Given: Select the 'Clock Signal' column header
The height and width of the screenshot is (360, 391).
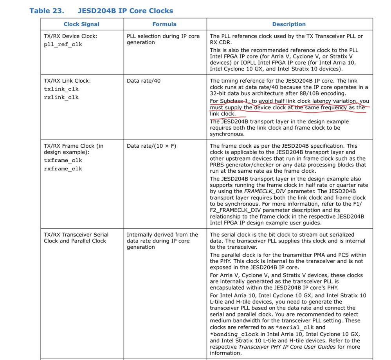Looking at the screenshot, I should click(x=81, y=24).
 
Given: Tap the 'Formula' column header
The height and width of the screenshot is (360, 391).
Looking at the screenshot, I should click(x=164, y=24).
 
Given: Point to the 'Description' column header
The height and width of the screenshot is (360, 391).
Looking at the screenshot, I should click(x=289, y=24).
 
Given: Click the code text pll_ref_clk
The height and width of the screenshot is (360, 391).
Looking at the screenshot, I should click(x=63, y=45).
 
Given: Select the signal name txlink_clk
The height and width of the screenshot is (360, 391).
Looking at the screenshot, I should click(x=61, y=89).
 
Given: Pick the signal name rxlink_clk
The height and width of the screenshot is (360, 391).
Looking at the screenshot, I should click(x=61, y=98).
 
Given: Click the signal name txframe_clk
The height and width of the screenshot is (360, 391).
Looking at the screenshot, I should click(x=63, y=161).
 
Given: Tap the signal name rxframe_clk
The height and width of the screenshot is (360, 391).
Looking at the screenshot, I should click(x=63, y=169).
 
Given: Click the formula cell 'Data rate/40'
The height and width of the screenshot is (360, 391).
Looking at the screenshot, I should click(x=144, y=81).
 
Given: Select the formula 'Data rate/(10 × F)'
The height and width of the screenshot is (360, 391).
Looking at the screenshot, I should click(x=151, y=146).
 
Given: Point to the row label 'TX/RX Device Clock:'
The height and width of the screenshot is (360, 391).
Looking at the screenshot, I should click(x=71, y=36).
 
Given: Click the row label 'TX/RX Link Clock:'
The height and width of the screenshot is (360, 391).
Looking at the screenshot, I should click(x=67, y=81).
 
